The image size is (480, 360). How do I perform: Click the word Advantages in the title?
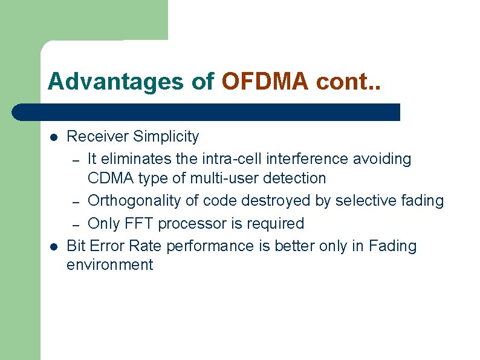pyautogui.click(x=97, y=81)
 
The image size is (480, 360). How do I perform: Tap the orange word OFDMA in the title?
pyautogui.click(x=264, y=81)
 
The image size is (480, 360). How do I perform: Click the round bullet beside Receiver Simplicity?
pyautogui.click(x=54, y=137)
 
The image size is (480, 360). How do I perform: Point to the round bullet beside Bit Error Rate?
pyautogui.click(x=54, y=247)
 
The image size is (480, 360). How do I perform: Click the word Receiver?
pyautogui.click(x=97, y=137)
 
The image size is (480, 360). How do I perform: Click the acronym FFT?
pyautogui.click(x=143, y=223)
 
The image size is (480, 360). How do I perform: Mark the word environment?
pyautogui.click(x=109, y=265)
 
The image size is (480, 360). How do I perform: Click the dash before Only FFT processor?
pyautogui.click(x=76, y=224)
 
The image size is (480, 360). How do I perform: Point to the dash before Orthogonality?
pyautogui.click(x=76, y=201)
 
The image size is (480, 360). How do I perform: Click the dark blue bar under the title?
pyautogui.click(x=206, y=112)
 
